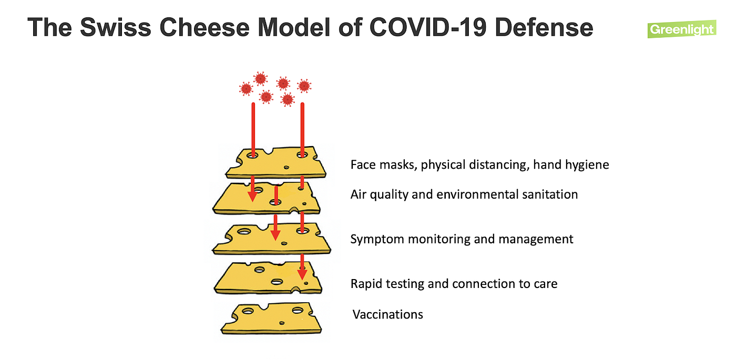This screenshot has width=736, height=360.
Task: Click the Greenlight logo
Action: pos(682,29)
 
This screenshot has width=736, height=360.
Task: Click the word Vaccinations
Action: pos(387,314)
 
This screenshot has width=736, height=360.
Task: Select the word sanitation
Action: pos(549,194)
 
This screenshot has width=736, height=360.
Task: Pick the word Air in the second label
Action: pos(359,194)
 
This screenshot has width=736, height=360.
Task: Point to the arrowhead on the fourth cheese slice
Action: pos(302,274)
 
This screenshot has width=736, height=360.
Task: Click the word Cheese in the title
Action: pos(202,27)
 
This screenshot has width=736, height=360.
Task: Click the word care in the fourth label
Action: pos(545,284)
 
